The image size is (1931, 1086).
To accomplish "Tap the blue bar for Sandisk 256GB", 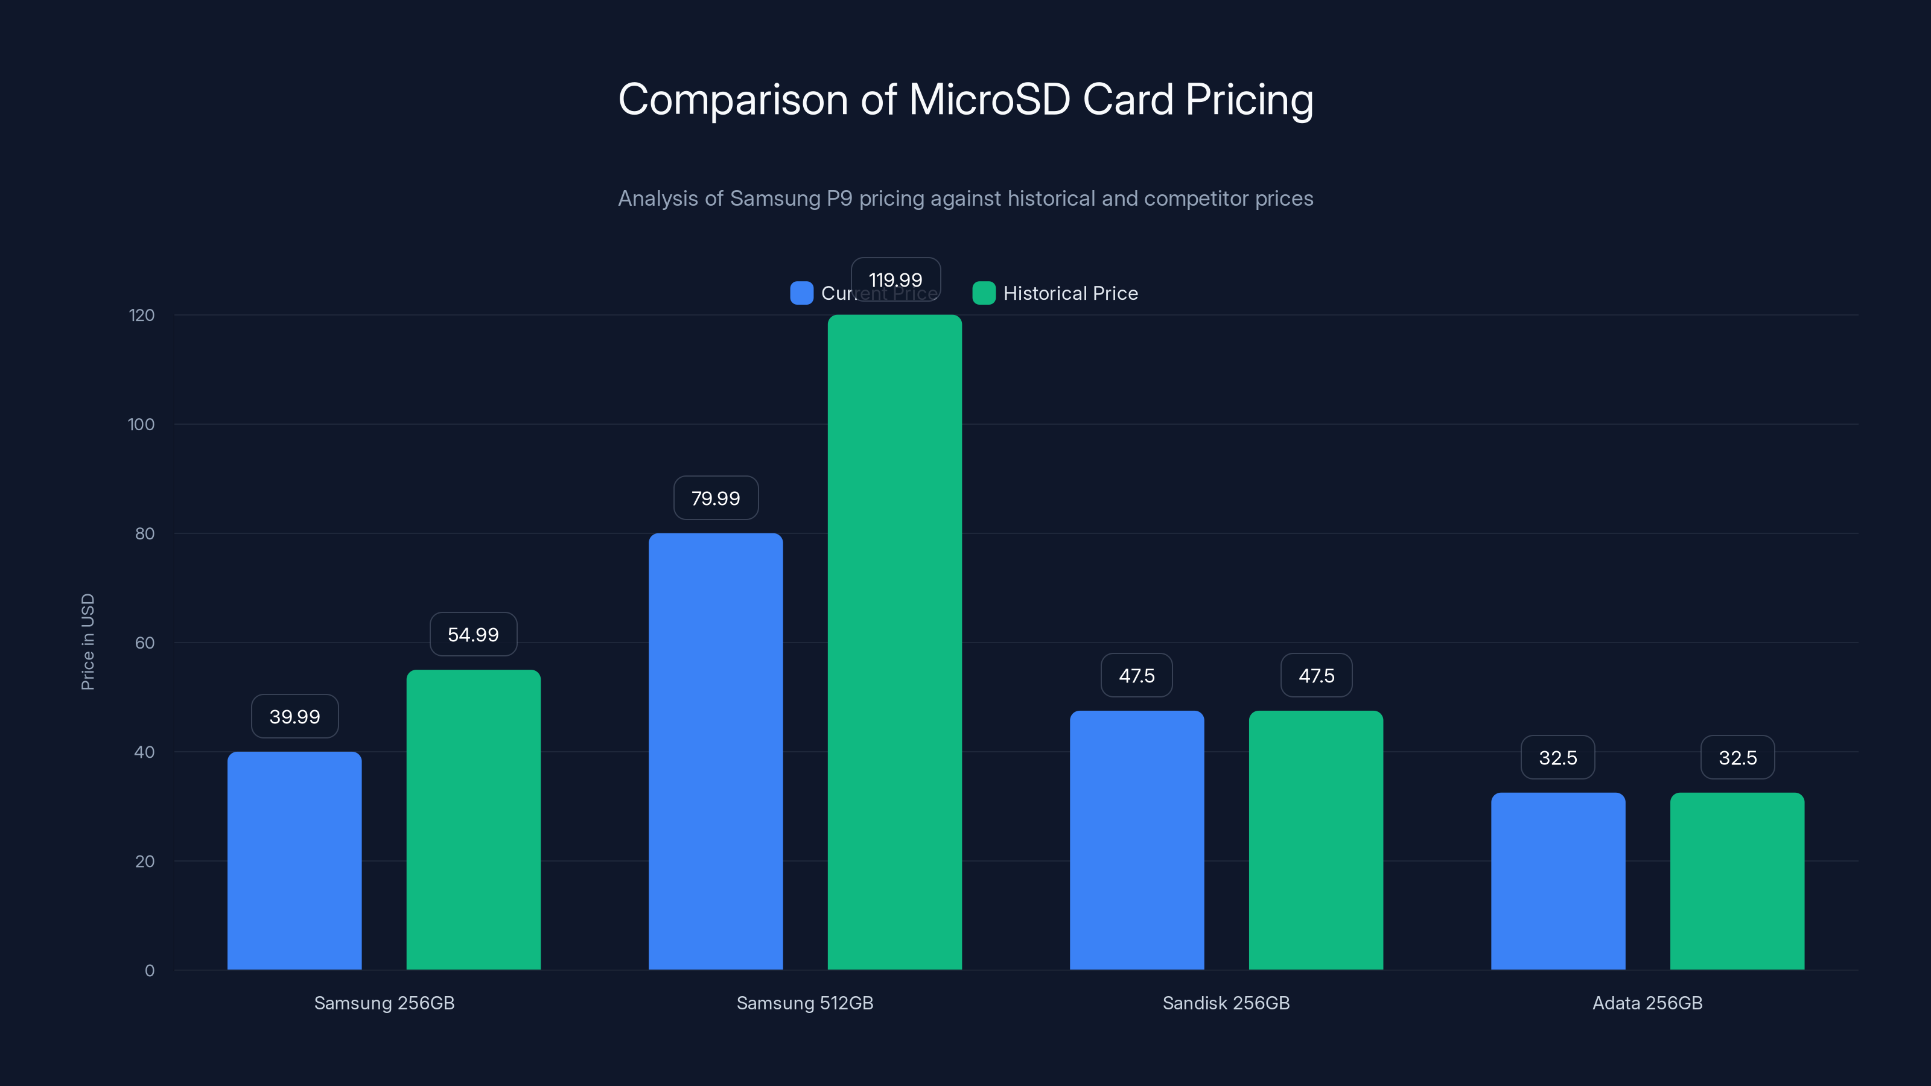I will [x=1136, y=839].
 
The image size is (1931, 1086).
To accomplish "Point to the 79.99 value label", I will [x=715, y=498].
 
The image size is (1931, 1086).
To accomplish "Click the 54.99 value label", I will [x=473, y=635].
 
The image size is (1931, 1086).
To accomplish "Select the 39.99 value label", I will [x=294, y=717].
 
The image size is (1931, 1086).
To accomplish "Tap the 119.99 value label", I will [x=895, y=279].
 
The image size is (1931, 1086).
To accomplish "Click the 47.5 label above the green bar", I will [x=1316, y=676].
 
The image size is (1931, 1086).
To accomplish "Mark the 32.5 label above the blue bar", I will [x=1557, y=758].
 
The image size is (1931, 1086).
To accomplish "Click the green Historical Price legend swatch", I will [x=984, y=293].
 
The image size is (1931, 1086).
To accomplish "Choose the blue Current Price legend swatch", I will [x=801, y=293].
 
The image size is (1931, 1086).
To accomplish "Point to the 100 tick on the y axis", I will [x=141, y=424].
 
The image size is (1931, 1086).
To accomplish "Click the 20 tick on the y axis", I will [x=145, y=861].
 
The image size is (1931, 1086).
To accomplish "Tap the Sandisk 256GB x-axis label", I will [x=1226, y=1003].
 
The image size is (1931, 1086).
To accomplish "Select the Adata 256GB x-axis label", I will [x=1647, y=1003].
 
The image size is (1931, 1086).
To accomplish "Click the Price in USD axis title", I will [x=87, y=641].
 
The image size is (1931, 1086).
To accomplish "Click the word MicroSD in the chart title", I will [x=990, y=100].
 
